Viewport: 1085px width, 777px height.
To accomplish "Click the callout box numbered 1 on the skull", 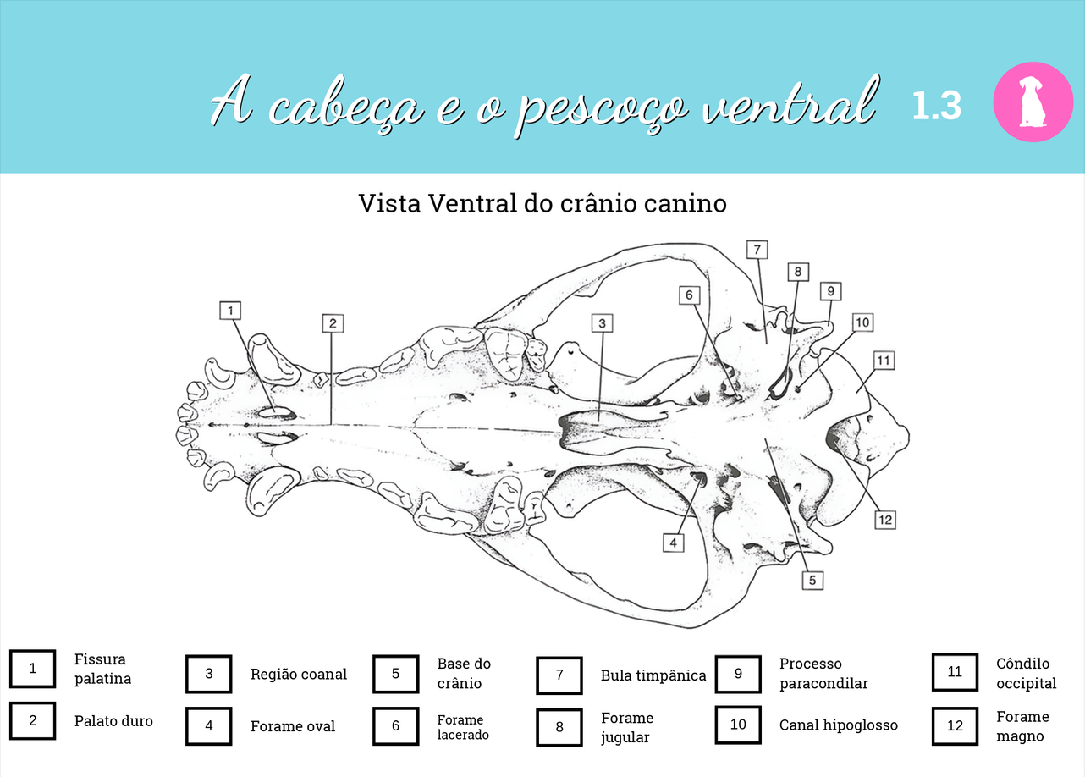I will point(229,311).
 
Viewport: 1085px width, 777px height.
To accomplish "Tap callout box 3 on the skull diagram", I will point(602,323).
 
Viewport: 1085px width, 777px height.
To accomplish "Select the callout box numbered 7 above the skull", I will point(757,250).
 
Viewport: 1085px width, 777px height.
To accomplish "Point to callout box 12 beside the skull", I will point(885,520).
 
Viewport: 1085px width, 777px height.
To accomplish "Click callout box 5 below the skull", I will point(812,580).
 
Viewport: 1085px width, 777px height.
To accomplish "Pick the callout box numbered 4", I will point(673,543).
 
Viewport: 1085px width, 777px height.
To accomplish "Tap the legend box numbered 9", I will point(738,674).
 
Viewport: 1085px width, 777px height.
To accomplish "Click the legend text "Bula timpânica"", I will point(653,675).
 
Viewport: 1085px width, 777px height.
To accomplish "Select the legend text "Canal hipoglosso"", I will point(838,725).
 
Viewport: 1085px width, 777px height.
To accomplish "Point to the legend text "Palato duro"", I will point(113,721).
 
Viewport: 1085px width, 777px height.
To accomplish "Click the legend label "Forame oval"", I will point(293,726).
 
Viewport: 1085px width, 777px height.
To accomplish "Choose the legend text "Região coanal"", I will point(298,675).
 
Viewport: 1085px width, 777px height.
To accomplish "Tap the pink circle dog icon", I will point(1033,102).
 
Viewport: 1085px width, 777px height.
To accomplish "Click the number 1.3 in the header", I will point(936,106).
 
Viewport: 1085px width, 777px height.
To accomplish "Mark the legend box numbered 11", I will point(955,672).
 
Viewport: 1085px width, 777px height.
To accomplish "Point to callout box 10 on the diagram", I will point(862,322).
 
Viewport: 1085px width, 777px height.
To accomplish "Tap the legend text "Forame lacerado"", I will point(463,727).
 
